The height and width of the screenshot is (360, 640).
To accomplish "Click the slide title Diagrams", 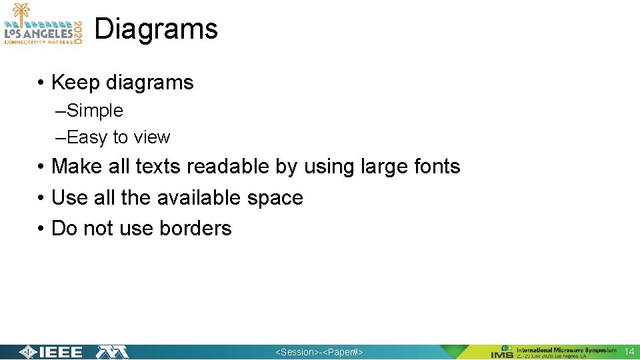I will click(156, 29).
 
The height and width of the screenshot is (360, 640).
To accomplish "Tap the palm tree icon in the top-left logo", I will click(22, 12).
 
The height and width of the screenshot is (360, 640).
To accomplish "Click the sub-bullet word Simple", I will click(95, 111).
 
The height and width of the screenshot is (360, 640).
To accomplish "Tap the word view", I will click(151, 137).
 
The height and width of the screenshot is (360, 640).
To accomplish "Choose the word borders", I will click(195, 228).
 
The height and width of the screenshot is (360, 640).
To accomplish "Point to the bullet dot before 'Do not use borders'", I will click(41, 228).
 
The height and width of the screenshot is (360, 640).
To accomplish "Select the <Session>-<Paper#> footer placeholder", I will click(319, 352).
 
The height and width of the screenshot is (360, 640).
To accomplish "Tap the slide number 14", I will click(629, 351).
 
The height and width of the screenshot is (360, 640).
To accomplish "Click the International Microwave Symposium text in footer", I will click(566, 349).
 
